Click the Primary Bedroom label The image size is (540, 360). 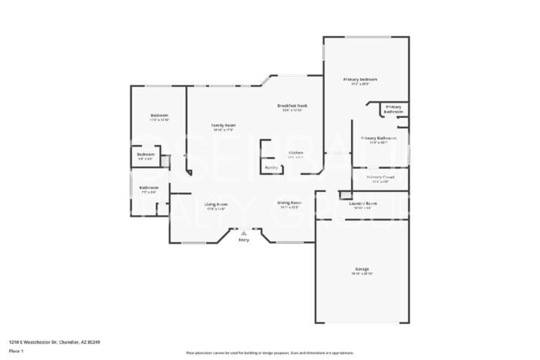point(360,79)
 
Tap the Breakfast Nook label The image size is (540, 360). point(292,105)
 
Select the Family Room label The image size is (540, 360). point(224,125)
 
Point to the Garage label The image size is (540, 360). point(362,268)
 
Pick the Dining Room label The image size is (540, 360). point(290,202)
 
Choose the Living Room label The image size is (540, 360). point(216,204)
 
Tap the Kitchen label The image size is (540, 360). point(295,152)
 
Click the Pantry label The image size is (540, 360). point(271,167)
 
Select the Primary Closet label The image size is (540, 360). point(380,177)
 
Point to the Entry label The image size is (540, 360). point(244,241)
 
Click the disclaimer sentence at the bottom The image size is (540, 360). point(269,352)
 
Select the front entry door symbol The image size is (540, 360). point(244,231)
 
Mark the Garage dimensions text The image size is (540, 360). point(362,274)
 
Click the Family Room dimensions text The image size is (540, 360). point(224,130)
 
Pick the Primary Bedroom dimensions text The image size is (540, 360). point(360,85)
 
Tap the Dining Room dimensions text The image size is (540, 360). point(290,207)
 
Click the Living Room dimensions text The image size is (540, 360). point(216,209)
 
